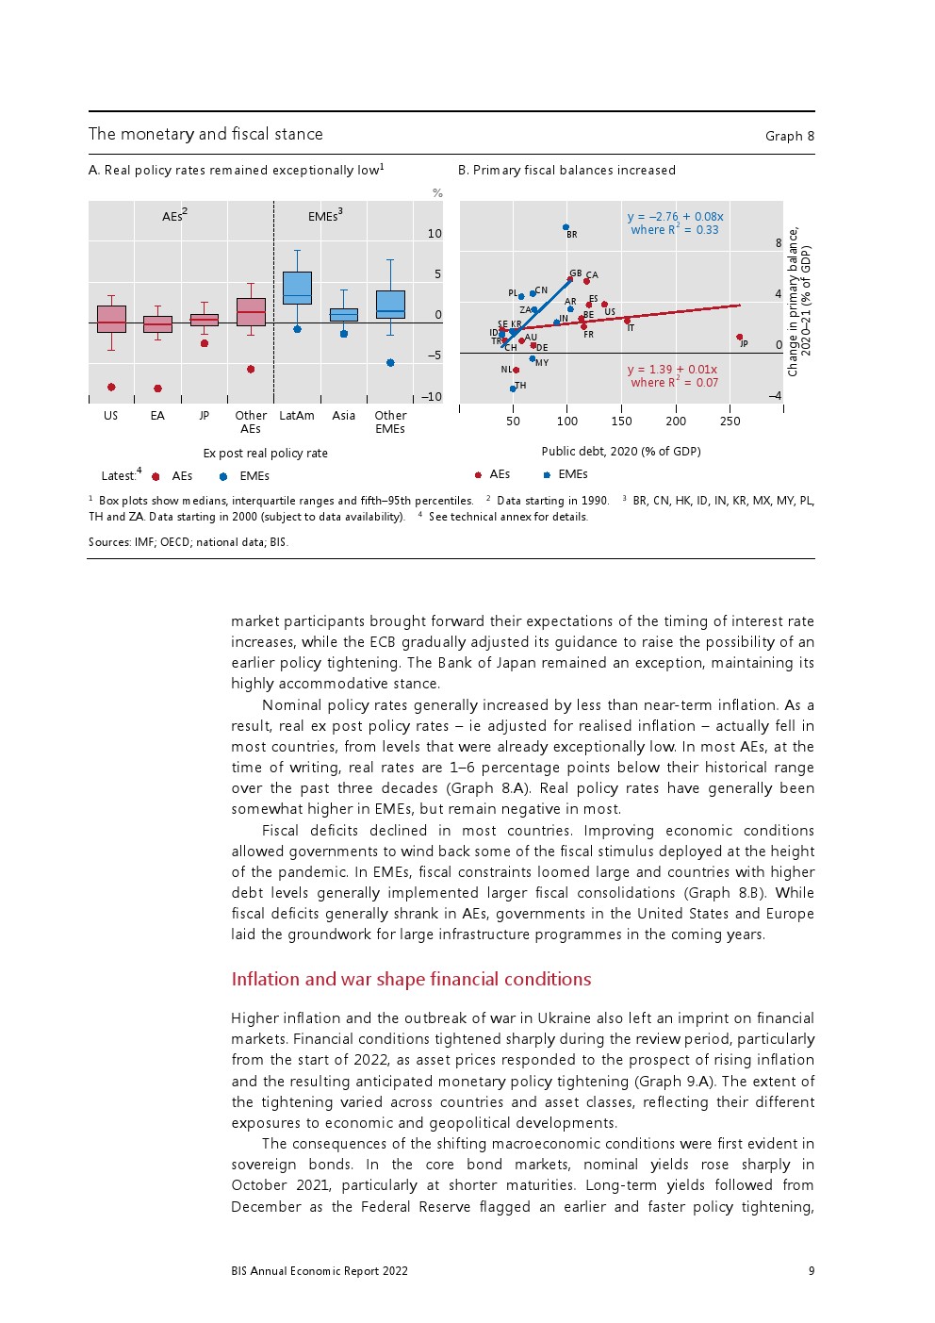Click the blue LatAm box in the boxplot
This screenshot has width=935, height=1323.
tap(297, 288)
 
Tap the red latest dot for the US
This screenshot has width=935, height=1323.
tap(111, 387)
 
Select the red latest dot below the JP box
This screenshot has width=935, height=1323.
tap(205, 343)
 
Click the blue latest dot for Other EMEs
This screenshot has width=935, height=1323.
tap(390, 362)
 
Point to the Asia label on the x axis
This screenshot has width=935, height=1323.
tap(344, 416)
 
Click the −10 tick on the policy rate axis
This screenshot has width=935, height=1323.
tap(432, 397)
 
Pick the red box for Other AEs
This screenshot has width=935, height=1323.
tap(251, 311)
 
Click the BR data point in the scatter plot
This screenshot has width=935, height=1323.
tap(566, 227)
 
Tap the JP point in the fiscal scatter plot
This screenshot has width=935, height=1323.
tap(739, 337)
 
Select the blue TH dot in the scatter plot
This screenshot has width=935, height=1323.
tap(513, 388)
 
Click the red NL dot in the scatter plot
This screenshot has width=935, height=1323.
tap(517, 370)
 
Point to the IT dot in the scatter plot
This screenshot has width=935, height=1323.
tap(627, 321)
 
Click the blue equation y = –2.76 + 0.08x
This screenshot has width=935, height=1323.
tap(675, 217)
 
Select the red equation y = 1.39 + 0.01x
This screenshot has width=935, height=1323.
tap(672, 370)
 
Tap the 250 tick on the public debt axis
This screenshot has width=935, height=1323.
tap(730, 422)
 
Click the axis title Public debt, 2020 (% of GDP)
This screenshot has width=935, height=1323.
tap(621, 452)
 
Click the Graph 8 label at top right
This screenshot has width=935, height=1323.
tap(789, 136)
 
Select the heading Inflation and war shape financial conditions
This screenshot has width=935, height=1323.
tap(411, 979)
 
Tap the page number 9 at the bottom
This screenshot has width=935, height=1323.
tap(812, 1271)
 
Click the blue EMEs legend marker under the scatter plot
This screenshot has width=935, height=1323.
tap(547, 474)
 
